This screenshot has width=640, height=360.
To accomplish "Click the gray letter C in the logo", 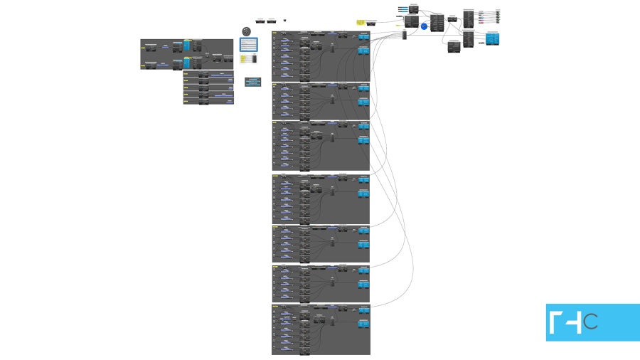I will [x=590, y=322].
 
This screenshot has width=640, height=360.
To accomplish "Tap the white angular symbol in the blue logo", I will [x=566, y=323].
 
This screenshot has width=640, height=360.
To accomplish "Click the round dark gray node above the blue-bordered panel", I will [x=247, y=32].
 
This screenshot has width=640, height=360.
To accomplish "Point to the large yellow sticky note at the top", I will [x=361, y=23].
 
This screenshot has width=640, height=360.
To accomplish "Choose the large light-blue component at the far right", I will [x=493, y=37].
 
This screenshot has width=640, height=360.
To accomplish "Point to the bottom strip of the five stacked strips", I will [x=208, y=102].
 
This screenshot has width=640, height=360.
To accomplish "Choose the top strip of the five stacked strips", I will [x=208, y=73].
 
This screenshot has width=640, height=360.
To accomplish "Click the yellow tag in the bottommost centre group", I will [x=275, y=307].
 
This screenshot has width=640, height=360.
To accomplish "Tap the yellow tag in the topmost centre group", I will [x=275, y=33].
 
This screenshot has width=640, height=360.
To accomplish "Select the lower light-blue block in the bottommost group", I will [x=363, y=324].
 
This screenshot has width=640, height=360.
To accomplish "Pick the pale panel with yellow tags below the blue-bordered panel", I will [x=249, y=62].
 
